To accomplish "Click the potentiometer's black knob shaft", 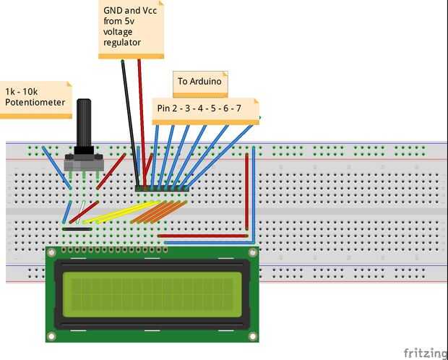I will (85, 123).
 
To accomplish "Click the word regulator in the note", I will (123, 43).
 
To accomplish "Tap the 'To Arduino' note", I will (199, 82).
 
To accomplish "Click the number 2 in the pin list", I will (184, 108).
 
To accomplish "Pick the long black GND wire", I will (130, 123).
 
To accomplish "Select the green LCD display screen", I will (152, 295).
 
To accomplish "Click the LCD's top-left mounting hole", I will (51, 252).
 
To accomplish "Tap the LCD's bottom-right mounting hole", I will (252, 336).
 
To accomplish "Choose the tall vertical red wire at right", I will (247, 192).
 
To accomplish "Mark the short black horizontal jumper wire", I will (77, 229).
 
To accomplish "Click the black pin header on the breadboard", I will (163, 189).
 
